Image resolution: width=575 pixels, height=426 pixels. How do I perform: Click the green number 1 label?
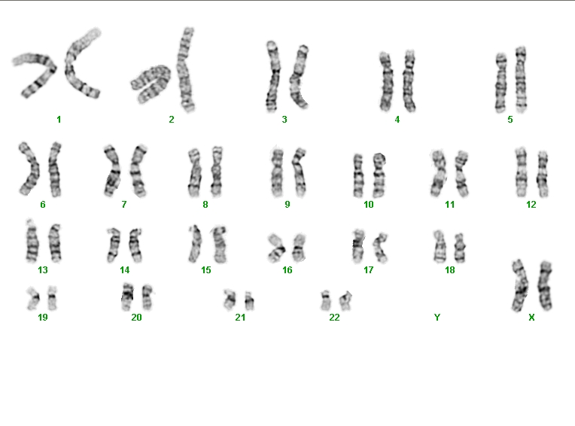(x=59, y=120)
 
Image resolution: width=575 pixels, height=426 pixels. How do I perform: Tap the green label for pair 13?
(x=43, y=270)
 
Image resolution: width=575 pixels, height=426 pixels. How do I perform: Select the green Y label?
(x=437, y=318)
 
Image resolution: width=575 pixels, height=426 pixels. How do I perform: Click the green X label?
(x=531, y=318)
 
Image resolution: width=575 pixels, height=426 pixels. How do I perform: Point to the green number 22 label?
(x=334, y=318)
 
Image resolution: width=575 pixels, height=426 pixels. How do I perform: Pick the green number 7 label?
(x=124, y=205)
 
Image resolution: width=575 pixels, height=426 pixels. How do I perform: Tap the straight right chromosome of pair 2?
(x=186, y=70)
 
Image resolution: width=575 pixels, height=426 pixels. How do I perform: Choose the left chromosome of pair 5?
(x=501, y=83)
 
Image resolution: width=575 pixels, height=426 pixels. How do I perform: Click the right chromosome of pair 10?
(x=379, y=176)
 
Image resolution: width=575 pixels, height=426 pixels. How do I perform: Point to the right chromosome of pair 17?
(x=380, y=248)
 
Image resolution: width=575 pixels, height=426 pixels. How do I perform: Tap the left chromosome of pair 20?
(x=127, y=297)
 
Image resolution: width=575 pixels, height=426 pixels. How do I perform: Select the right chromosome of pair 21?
(x=249, y=301)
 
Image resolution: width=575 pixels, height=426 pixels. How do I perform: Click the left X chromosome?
(x=520, y=286)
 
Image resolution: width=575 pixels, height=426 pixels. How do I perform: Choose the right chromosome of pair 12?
(x=543, y=175)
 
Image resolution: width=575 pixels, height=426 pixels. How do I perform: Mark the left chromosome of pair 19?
(x=33, y=298)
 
